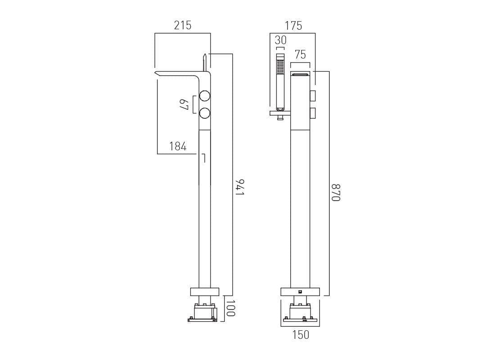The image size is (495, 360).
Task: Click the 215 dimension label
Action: (183, 26)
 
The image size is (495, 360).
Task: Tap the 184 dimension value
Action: (178, 146)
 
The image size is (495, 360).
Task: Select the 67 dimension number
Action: (184, 105)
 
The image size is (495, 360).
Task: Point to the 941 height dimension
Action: (239, 187)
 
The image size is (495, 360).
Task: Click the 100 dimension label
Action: (230, 308)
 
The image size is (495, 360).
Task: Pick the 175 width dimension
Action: (293, 26)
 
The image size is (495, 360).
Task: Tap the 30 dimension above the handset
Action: (280, 40)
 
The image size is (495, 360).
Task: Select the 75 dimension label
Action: (300, 55)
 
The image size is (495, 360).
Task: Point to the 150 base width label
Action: (301, 335)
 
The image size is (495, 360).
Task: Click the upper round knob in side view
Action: (205, 96)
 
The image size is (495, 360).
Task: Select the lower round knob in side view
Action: (205, 113)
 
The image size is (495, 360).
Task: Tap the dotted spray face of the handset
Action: (280, 67)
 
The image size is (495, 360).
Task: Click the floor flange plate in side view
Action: (204, 292)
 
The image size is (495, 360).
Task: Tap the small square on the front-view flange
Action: (300, 291)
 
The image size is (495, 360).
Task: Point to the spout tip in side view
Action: (157, 73)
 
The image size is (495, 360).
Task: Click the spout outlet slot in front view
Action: (300, 74)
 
